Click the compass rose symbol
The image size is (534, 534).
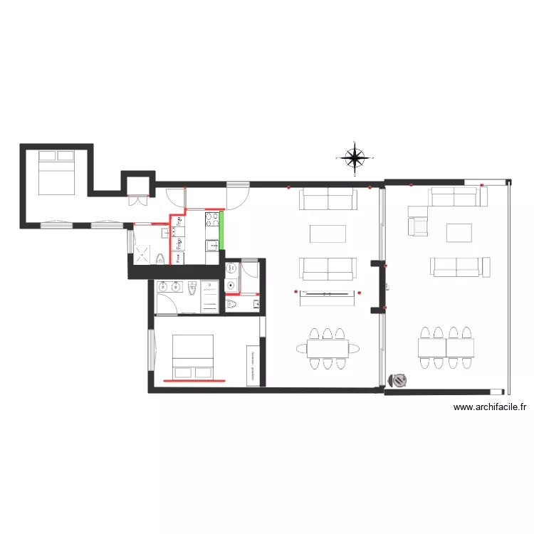pyautogui.click(x=355, y=158)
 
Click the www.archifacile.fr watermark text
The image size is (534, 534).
pyautogui.click(x=490, y=408)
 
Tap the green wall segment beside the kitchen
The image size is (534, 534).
pyautogui.click(x=221, y=230)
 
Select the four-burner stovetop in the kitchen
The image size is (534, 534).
pyautogui.click(x=212, y=219)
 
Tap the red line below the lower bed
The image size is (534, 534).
pyautogui.click(x=194, y=381)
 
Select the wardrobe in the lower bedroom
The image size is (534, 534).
pyautogui.click(x=252, y=365)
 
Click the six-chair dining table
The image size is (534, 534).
pyautogui.click(x=328, y=348)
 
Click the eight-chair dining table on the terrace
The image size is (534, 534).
pyautogui.click(x=446, y=347)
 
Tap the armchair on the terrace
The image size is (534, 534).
pyautogui.click(x=419, y=226)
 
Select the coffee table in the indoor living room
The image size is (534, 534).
pyautogui.click(x=328, y=234)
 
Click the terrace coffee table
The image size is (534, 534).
pyautogui.click(x=459, y=233)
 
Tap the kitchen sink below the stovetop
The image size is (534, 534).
pyautogui.click(x=212, y=246)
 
